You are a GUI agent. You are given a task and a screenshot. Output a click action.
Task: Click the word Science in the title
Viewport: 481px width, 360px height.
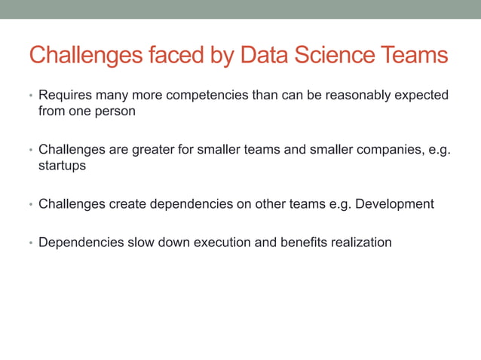335,56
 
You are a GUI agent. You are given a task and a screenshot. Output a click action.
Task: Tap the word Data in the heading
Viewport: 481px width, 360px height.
264,56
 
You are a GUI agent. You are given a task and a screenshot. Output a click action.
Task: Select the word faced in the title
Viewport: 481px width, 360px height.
170,56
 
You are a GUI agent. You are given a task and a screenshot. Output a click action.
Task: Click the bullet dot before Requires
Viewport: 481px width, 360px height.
31,97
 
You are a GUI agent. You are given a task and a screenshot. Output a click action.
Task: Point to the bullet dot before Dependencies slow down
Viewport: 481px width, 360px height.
31,244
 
